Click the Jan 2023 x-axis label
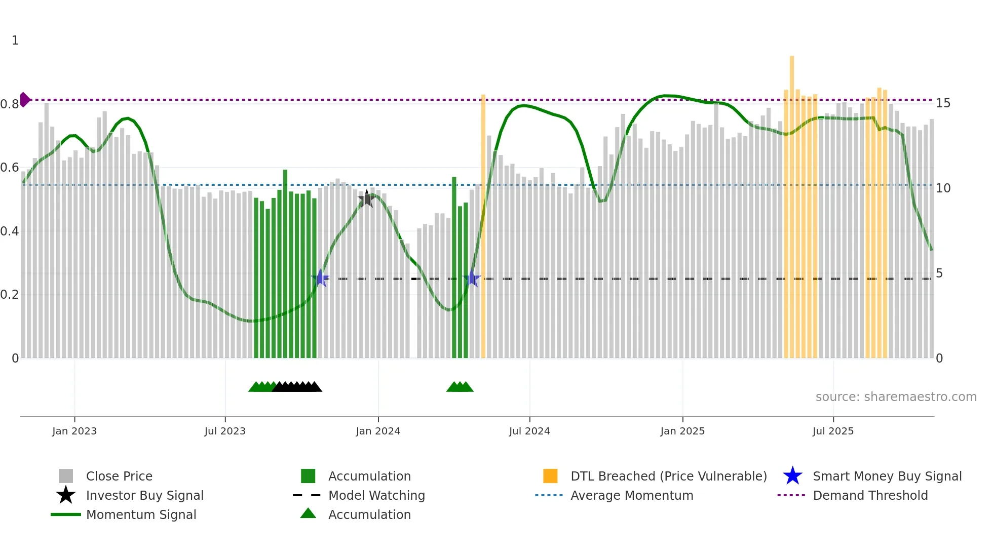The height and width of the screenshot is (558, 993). pyautogui.click(x=74, y=431)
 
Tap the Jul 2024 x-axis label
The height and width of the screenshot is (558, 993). pyautogui.click(x=529, y=431)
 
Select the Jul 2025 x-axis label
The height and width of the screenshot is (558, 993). pyautogui.click(x=833, y=431)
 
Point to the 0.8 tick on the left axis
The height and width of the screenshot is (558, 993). pyautogui.click(x=10, y=104)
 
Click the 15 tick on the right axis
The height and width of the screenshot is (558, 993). pyautogui.click(x=943, y=103)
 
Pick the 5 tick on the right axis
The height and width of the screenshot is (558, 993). pyautogui.click(x=939, y=273)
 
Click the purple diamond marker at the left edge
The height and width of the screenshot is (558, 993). pyautogui.click(x=24, y=100)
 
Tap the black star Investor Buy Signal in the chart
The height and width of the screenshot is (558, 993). pyautogui.click(x=367, y=199)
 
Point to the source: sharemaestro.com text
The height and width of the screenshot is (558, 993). pyautogui.click(x=896, y=397)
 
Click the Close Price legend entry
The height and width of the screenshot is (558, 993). pyautogui.click(x=119, y=476)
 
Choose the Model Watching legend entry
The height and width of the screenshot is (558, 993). pyautogui.click(x=376, y=495)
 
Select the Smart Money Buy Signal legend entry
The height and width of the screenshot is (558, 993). pyautogui.click(x=887, y=476)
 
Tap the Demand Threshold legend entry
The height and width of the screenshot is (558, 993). pyautogui.click(x=870, y=495)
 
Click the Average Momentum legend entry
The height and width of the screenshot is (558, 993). pyautogui.click(x=632, y=495)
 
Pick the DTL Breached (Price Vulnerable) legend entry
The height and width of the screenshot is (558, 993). pyautogui.click(x=668, y=476)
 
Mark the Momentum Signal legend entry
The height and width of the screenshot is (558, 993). pyautogui.click(x=141, y=514)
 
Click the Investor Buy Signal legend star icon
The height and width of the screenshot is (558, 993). pyautogui.click(x=66, y=495)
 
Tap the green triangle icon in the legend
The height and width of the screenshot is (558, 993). pyautogui.click(x=308, y=514)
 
